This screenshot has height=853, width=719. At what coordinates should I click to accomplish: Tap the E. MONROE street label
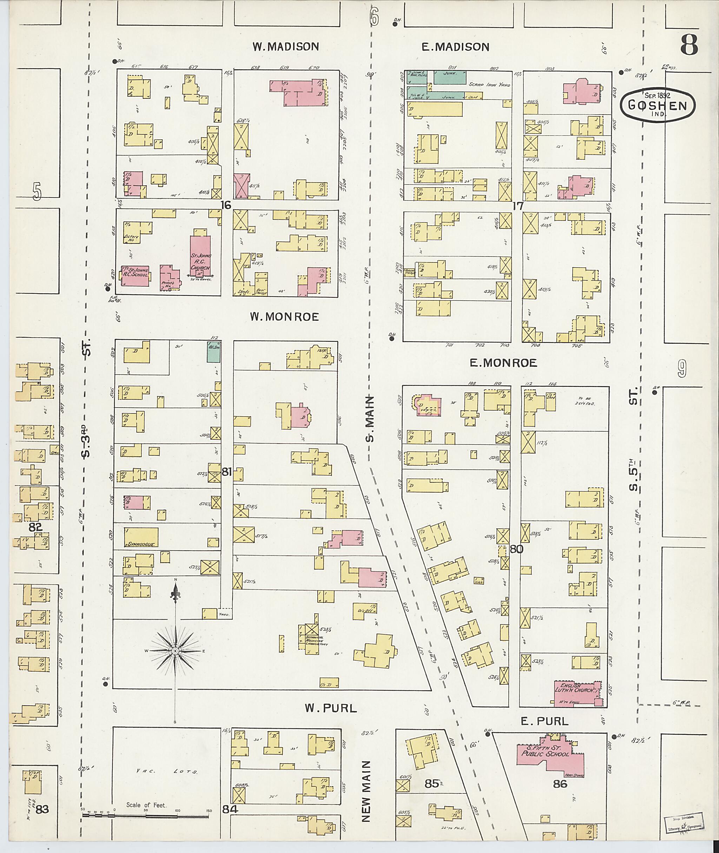(x=503, y=363)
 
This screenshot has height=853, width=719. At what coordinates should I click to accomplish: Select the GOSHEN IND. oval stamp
(x=658, y=106)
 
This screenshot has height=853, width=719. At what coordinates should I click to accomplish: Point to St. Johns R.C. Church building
(x=200, y=256)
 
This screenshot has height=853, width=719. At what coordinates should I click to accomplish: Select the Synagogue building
(x=141, y=537)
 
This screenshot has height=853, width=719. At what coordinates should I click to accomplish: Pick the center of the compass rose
(x=175, y=651)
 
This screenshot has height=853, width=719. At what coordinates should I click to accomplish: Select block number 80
(x=516, y=549)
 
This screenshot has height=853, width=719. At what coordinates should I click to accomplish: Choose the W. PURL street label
(x=331, y=708)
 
